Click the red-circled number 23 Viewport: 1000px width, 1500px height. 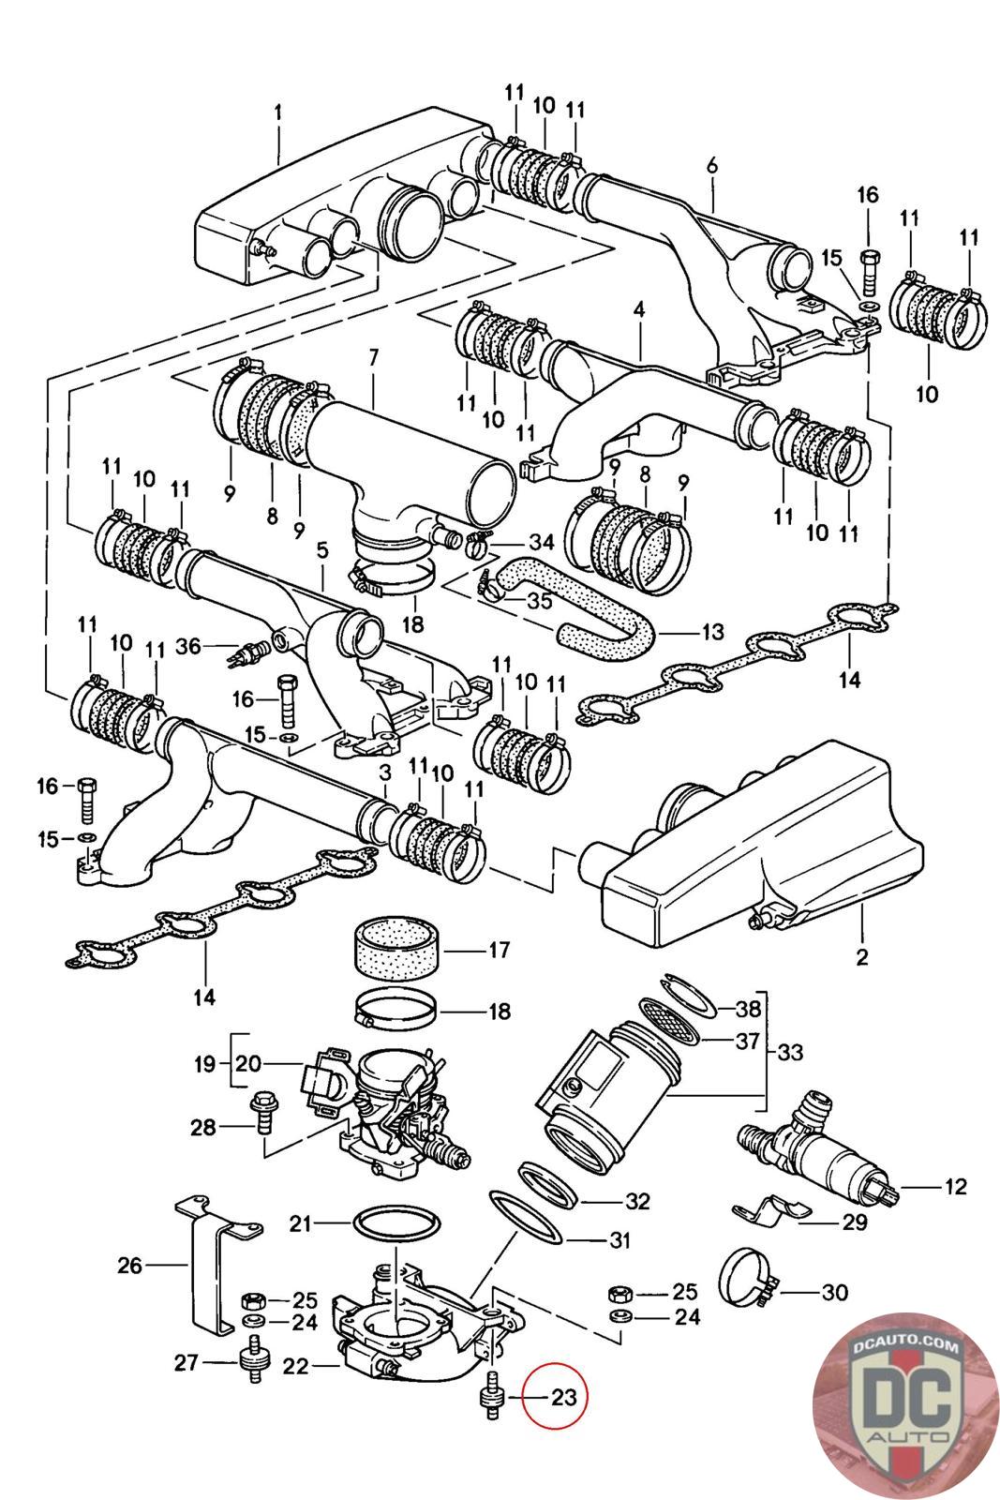tap(563, 1397)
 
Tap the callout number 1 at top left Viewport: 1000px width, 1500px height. tap(278, 112)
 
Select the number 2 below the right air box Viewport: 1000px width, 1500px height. tap(862, 956)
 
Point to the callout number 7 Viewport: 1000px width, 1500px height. tap(373, 357)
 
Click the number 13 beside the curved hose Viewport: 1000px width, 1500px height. tap(713, 632)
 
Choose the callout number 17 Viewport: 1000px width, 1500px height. tap(499, 950)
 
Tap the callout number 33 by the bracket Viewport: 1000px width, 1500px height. tap(790, 1052)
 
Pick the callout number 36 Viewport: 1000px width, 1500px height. tap(188, 646)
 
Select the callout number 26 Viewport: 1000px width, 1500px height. tap(130, 1266)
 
